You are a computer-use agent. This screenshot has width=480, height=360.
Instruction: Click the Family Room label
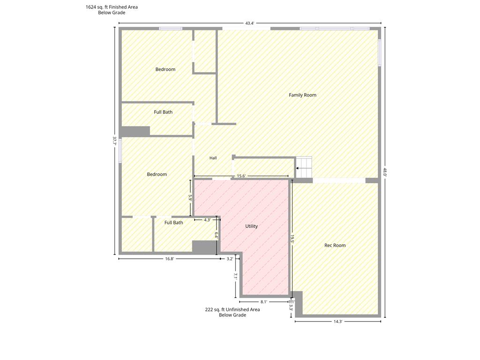(x=302, y=95)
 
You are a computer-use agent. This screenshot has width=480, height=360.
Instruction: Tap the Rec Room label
(x=335, y=245)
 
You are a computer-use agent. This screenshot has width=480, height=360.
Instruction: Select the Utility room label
(x=251, y=226)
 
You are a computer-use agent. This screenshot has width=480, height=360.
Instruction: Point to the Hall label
(x=213, y=158)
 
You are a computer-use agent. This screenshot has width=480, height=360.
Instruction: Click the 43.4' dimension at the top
(x=250, y=23)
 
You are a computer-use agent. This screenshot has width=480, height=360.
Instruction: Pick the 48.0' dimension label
(x=384, y=172)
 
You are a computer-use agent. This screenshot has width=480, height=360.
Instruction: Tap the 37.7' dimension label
(x=115, y=141)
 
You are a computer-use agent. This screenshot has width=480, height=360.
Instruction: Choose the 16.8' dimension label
(x=170, y=259)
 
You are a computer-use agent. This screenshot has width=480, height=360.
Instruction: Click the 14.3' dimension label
(x=337, y=322)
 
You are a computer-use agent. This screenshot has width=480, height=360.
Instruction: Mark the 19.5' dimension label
(x=292, y=239)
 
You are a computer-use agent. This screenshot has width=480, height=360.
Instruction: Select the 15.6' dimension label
(x=241, y=176)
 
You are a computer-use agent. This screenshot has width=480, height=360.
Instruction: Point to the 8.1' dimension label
(x=264, y=301)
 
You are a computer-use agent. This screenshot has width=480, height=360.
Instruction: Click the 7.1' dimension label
(x=236, y=277)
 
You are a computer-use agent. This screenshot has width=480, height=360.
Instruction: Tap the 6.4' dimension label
(x=216, y=235)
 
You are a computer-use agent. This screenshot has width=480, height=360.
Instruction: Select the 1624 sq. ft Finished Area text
(x=112, y=7)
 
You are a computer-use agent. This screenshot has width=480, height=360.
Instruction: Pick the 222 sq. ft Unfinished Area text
(x=232, y=309)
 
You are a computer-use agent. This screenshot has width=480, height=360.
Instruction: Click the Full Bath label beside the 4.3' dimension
(x=173, y=223)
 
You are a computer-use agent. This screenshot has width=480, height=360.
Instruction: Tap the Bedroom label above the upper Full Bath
(x=165, y=69)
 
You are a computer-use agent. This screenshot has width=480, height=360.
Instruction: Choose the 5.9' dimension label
(x=190, y=198)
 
